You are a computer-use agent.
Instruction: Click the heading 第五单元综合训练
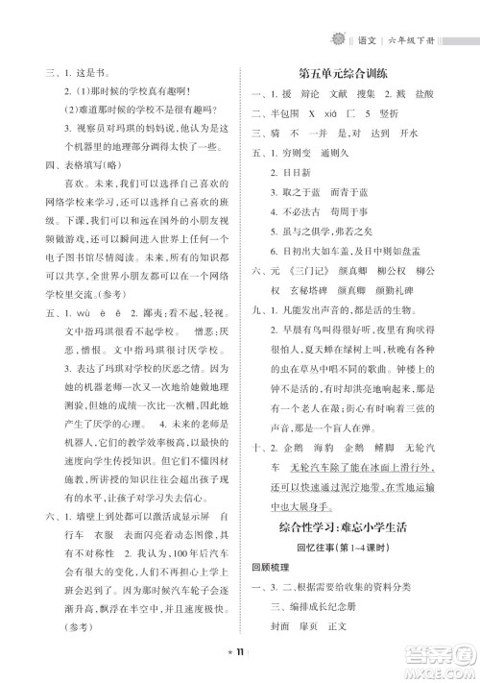[356, 75]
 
